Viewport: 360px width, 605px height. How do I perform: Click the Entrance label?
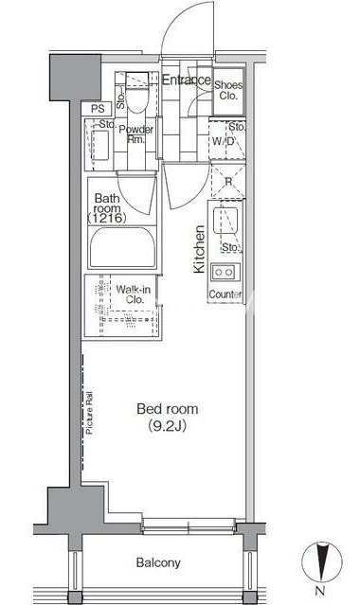pyautogui.click(x=187, y=80)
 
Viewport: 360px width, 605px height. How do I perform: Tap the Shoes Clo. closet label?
pyautogui.click(x=228, y=90)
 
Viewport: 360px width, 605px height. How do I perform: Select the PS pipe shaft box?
pyautogui.click(x=97, y=109)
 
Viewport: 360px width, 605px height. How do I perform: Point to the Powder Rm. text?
pyautogui.click(x=136, y=134)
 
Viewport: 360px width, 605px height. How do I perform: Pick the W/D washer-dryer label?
pyautogui.click(x=224, y=141)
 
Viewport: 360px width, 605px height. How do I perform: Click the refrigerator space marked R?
pyautogui.click(x=228, y=182)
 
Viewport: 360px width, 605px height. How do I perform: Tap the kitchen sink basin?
pyautogui.click(x=225, y=221)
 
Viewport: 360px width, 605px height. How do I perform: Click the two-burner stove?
pyautogui.click(x=225, y=272)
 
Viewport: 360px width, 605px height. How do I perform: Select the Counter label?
pyautogui.click(x=225, y=294)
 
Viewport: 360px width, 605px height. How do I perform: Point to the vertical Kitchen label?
pyautogui.click(x=199, y=249)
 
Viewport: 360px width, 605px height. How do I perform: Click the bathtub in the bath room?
pyautogui.click(x=122, y=247)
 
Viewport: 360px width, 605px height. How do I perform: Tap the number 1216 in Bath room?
pyautogui.click(x=107, y=218)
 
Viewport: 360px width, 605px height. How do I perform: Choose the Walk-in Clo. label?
pyautogui.click(x=134, y=294)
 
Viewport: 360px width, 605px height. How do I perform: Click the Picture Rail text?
pyautogui.click(x=89, y=413)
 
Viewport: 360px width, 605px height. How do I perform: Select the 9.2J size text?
pyautogui.click(x=168, y=426)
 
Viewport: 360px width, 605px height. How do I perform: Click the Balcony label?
pyautogui.click(x=158, y=562)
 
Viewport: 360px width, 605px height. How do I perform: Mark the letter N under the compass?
pyautogui.click(x=319, y=590)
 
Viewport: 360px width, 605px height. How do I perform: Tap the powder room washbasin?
pyautogui.click(x=101, y=144)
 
